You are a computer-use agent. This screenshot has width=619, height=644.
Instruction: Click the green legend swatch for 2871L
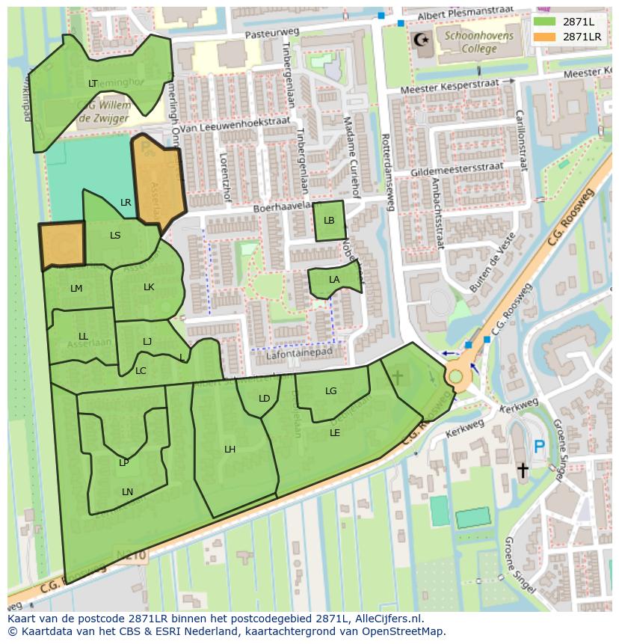click(x=545, y=22)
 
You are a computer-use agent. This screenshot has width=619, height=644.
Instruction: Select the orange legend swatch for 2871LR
click(x=545, y=36)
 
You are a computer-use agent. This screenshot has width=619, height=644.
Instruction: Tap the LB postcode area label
click(x=329, y=221)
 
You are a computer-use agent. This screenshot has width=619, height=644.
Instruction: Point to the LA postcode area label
click(x=334, y=280)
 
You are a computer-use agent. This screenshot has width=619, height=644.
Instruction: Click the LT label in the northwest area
click(x=93, y=84)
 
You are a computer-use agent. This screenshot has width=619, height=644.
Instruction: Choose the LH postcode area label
click(x=230, y=450)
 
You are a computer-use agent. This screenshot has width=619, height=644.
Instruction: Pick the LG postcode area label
click(x=331, y=391)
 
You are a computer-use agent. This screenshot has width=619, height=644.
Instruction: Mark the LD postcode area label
click(x=264, y=399)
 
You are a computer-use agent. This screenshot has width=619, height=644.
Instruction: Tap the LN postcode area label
click(x=127, y=491)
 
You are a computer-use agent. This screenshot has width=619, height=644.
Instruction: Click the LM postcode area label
click(x=76, y=289)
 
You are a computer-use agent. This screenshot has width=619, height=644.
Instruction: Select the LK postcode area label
click(x=149, y=287)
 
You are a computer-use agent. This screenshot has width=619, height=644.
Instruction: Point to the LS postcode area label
click(x=115, y=236)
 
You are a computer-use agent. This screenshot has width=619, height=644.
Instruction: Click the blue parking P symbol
click(x=539, y=447)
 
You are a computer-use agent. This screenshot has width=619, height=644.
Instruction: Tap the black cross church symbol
click(x=522, y=470)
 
